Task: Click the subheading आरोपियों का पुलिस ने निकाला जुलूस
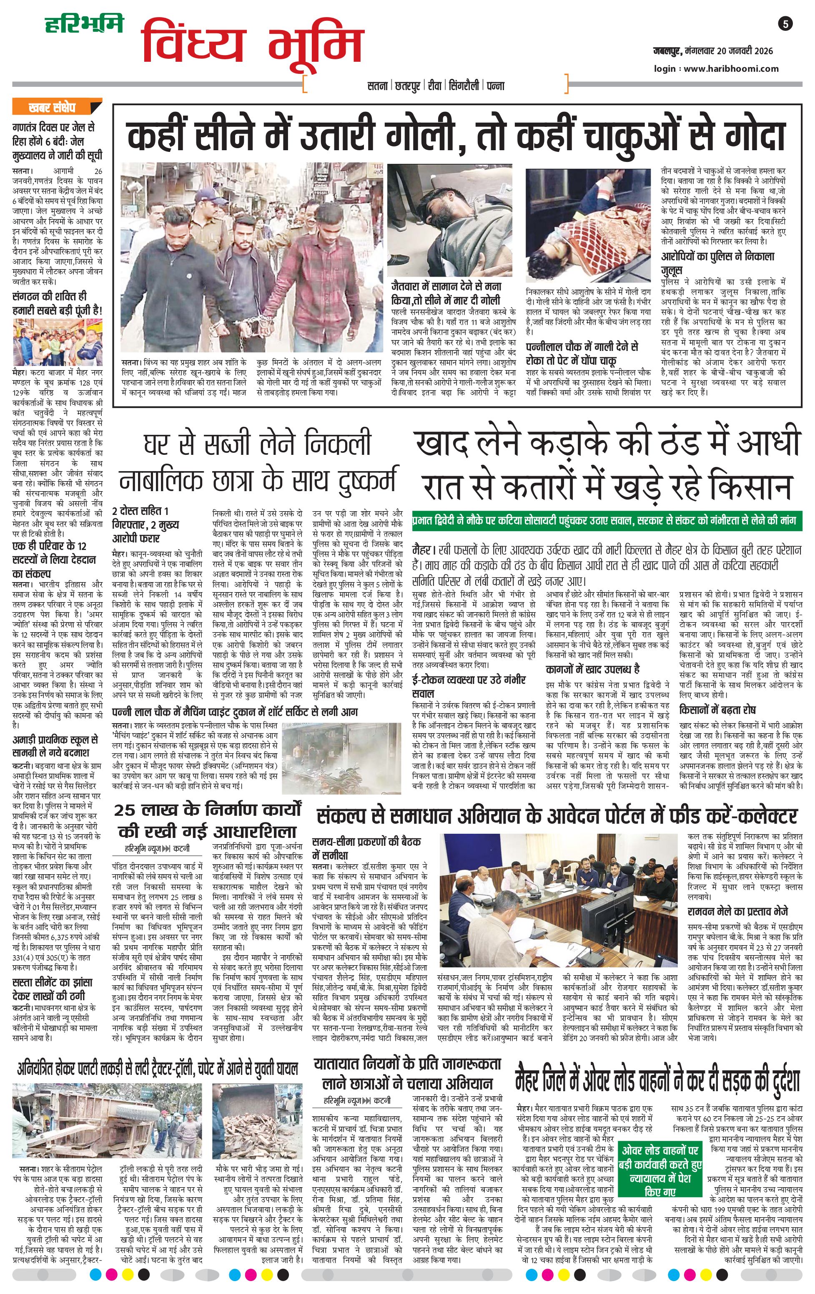[x=717, y=263]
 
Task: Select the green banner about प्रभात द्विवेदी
[x=606, y=521]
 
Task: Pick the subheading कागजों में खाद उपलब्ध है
[x=592, y=669]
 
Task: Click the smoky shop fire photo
[x=341, y=760]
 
